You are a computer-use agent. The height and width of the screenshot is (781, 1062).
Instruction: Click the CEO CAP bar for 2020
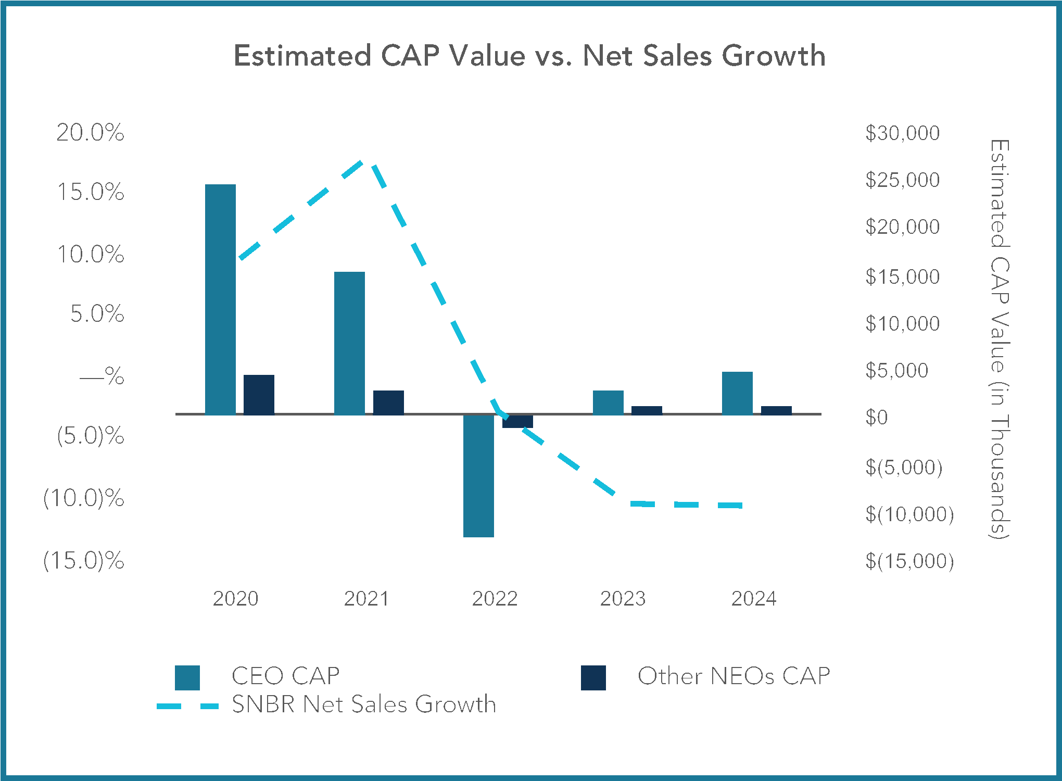(220, 299)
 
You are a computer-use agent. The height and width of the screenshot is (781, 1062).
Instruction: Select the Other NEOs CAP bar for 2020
(259, 395)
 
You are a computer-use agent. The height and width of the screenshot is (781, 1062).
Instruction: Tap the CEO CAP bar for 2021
(349, 343)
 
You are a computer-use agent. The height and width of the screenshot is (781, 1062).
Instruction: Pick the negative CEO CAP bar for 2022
(478, 475)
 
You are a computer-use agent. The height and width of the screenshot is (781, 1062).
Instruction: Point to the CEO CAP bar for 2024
(737, 393)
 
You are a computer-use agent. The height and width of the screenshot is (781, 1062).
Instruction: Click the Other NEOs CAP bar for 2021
(388, 402)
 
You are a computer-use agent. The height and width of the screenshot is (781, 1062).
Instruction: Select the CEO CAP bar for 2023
(608, 402)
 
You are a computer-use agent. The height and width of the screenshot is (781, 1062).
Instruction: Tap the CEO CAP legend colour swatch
(187, 677)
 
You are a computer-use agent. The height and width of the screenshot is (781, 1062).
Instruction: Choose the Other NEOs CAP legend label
(734, 676)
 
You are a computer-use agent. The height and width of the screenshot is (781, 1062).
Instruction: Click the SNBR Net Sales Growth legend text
(364, 704)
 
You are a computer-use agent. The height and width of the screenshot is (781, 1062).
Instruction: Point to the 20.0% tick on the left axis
(91, 133)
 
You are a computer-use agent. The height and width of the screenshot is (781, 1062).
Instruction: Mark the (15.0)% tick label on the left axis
(84, 561)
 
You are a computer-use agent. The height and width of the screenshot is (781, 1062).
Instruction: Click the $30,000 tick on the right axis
(902, 133)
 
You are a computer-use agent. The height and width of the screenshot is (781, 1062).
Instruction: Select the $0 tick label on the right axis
(877, 418)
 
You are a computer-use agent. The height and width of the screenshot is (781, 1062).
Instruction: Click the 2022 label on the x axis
(495, 599)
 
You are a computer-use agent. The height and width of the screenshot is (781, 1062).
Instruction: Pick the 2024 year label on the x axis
(754, 599)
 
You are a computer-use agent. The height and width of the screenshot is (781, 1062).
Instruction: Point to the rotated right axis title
(1000, 338)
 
